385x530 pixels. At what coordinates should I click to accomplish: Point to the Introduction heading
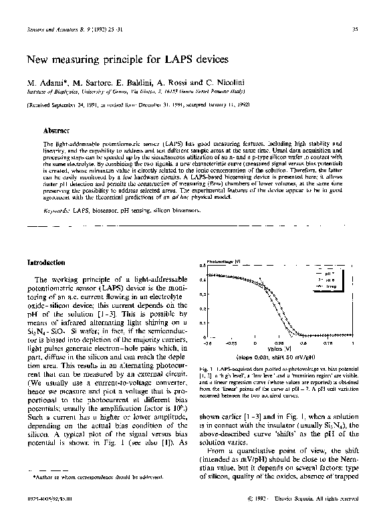tap(46, 262)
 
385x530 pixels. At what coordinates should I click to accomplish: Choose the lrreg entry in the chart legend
tap(330, 285)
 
